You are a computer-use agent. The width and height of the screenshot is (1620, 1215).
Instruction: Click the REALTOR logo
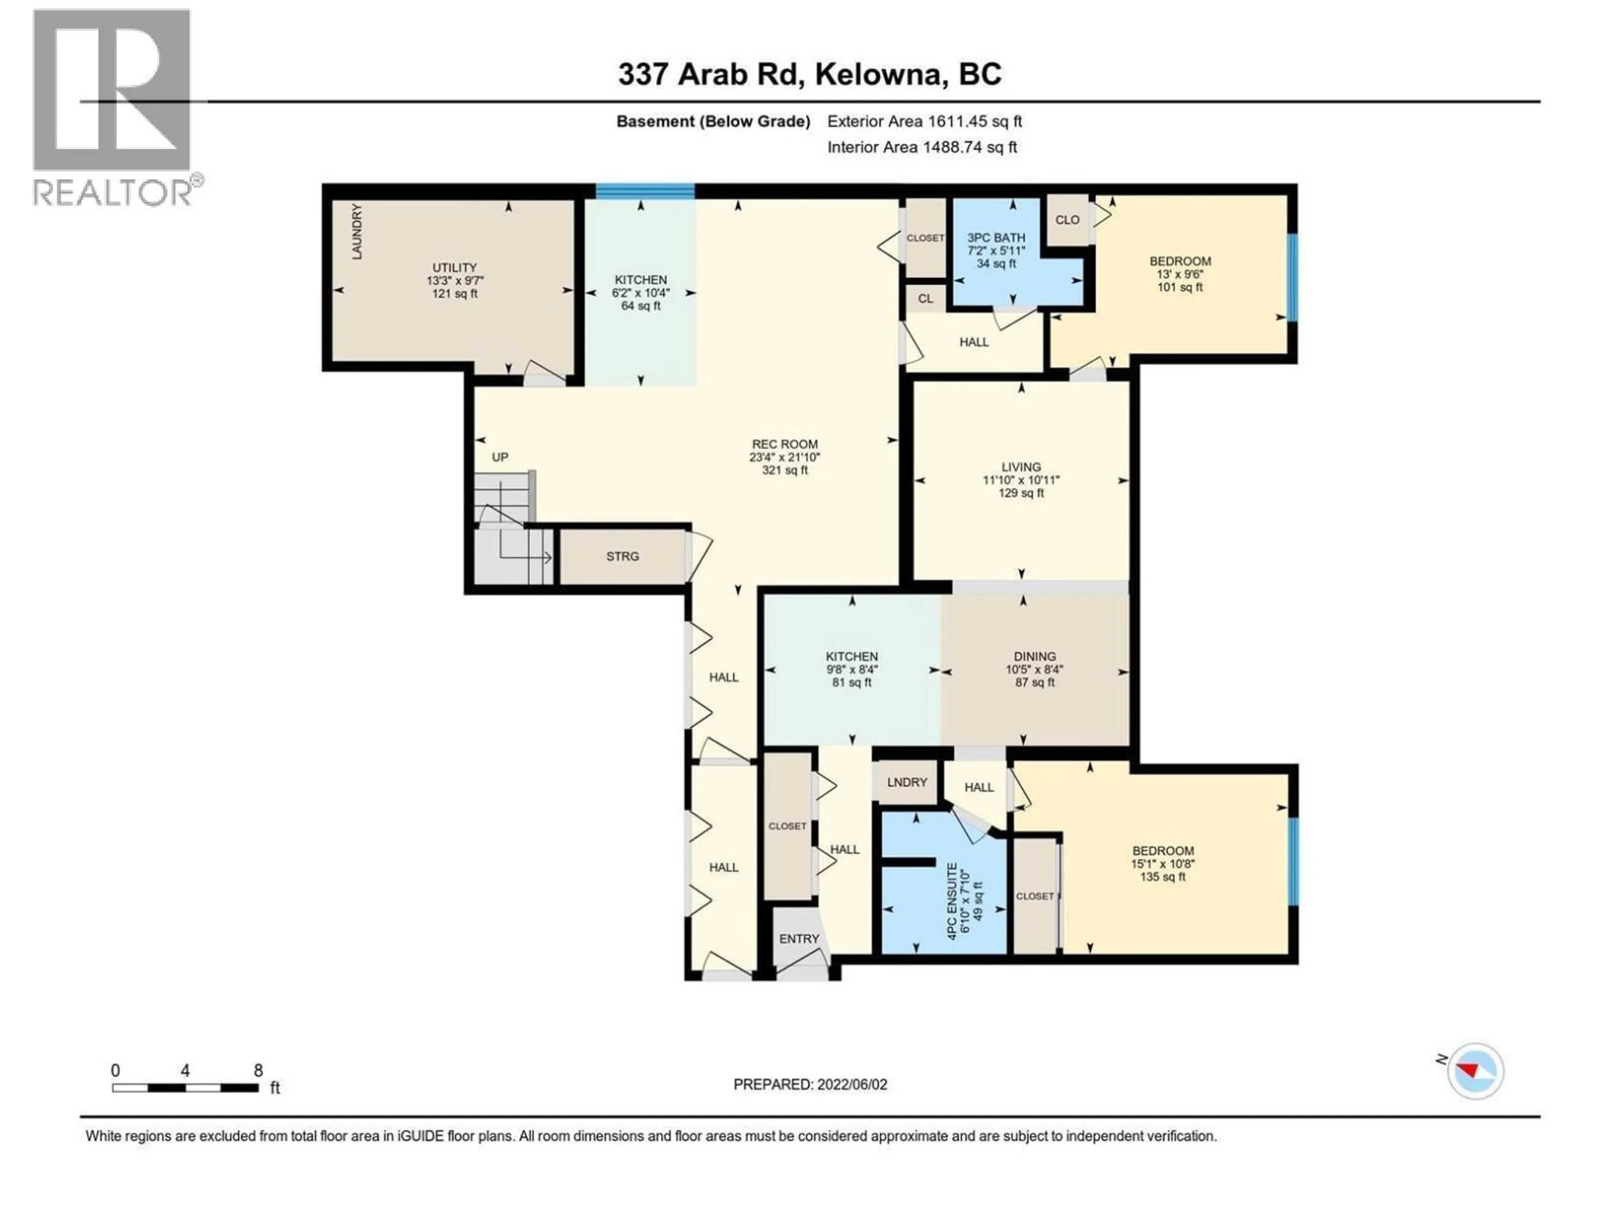pos(113,106)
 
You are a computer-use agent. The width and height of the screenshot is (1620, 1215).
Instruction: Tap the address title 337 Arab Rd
pos(809,74)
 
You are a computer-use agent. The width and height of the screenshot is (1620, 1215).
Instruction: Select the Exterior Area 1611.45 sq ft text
pos(924,121)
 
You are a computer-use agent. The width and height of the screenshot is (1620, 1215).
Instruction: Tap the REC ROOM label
pos(784,445)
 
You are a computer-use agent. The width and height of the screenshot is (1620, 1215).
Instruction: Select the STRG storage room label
pos(623,556)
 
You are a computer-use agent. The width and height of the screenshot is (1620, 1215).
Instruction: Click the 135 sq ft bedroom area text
pos(1162,877)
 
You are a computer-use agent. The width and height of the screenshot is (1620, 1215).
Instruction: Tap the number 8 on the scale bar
pos(258,1071)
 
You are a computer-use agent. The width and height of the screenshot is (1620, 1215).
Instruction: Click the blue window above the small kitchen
pos(645,192)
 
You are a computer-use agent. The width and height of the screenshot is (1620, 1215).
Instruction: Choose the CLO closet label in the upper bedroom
pos(1067,220)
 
